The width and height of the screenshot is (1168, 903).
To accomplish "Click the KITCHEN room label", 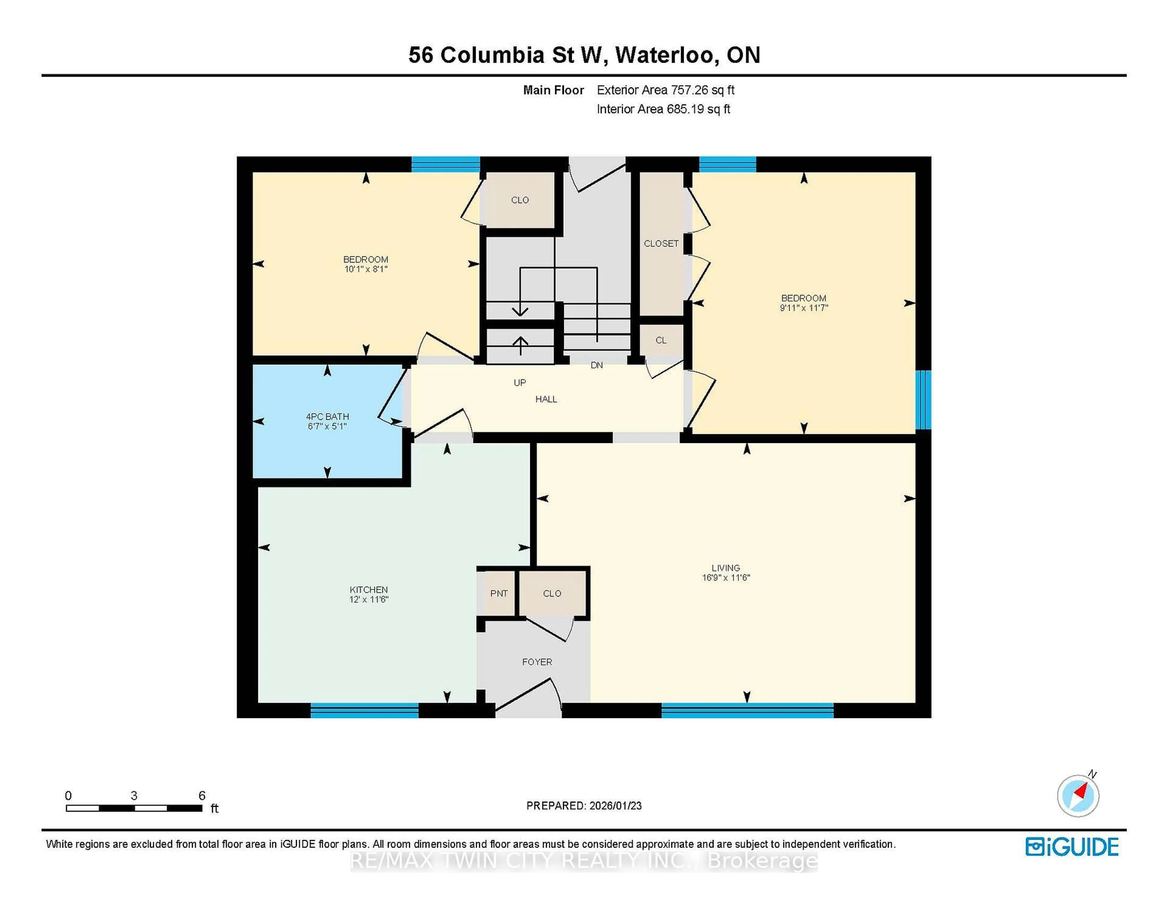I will pos(368,590).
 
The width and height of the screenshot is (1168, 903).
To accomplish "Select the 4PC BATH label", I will pos(327,416).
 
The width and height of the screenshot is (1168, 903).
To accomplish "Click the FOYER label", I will pos(537,662).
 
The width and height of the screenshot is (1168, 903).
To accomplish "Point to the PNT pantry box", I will pos(499,593).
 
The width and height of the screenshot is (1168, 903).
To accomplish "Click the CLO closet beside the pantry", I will pos(552,593).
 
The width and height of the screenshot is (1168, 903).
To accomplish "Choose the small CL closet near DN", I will pos(661,340).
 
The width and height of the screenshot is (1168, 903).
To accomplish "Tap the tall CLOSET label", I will pos(661,243).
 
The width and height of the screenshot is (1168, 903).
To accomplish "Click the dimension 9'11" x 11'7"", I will pos(804,308).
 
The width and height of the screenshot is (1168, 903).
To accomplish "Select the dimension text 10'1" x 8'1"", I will pos(366,269).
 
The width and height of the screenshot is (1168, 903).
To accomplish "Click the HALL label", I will pos(546,399).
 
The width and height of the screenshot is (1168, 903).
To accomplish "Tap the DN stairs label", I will pos(597,365).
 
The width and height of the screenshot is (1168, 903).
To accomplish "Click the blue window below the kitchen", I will pos(364,710).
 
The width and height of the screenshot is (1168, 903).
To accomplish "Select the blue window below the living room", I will pos(747,710).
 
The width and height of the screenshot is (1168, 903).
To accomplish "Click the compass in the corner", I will pos(1078,796).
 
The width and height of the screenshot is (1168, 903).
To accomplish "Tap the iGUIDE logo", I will pos(1072,847).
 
